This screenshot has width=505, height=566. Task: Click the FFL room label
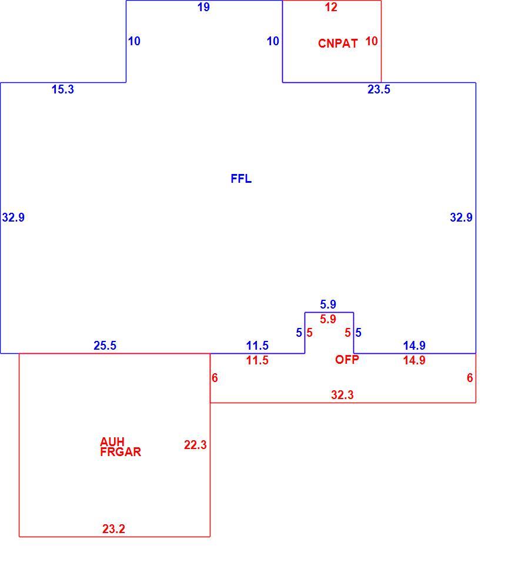(241, 179)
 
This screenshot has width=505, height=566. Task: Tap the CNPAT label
(338, 43)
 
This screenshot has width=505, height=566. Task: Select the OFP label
(347, 360)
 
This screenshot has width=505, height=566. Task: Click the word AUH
(112, 441)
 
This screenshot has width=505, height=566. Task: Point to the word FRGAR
(121, 452)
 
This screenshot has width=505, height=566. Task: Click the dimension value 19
(203, 7)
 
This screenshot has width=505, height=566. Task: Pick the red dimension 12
(331, 7)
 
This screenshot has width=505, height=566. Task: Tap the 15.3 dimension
(63, 89)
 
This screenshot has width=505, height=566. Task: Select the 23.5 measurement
(379, 89)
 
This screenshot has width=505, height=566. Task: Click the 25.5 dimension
(105, 346)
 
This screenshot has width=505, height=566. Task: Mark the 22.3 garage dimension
(195, 445)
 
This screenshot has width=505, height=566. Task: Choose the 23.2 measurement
(113, 529)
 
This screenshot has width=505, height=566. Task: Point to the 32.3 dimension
(343, 395)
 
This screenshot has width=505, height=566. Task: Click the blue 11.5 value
(257, 346)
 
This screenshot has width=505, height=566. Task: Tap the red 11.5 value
(257, 360)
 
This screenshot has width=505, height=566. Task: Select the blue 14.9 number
(414, 346)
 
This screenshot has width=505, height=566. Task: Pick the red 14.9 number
(414, 360)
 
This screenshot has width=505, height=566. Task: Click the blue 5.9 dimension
(328, 304)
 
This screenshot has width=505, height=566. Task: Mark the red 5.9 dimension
(328, 319)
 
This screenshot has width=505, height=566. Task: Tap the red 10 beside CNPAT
(372, 41)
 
